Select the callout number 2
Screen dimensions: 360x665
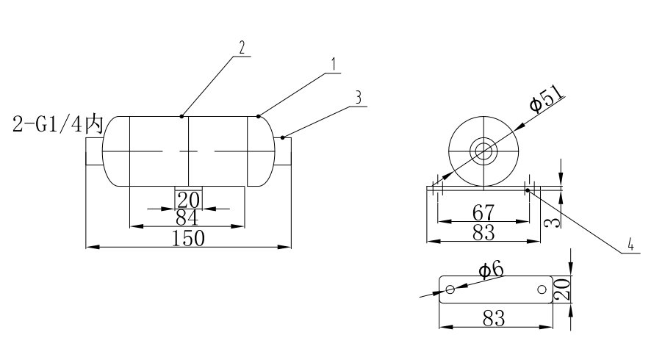point(240,46)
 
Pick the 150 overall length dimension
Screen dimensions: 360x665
point(188,237)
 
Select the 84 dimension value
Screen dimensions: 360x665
point(188,218)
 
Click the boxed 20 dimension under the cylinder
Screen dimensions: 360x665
point(188,199)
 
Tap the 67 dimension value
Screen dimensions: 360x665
point(483,213)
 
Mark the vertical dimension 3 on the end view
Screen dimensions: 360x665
point(556,217)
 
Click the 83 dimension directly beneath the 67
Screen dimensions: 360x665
point(483,232)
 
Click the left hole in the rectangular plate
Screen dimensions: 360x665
point(450,289)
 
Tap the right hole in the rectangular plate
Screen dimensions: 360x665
point(542,289)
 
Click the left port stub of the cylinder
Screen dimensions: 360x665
point(93,151)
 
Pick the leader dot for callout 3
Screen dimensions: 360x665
point(283,137)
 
